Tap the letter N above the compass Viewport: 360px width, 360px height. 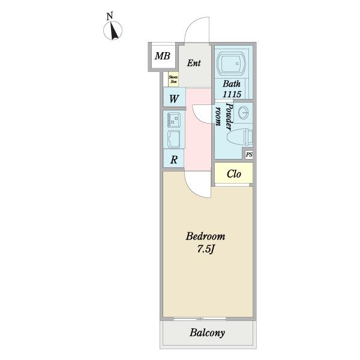pos(109,16)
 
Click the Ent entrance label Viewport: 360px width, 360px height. pos(193,63)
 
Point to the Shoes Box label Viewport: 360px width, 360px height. pos(173,79)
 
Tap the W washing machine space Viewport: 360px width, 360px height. pos(173,98)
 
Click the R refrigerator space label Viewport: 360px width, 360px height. pos(173,160)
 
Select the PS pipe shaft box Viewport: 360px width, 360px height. pos(248,155)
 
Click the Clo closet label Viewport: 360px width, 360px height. pos(233,174)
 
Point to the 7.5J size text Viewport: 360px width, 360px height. pos(205,248)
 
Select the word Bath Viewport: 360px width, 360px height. pos(232,84)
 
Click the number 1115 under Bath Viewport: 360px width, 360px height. pos(232,94)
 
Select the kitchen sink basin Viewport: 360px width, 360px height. pos(173,139)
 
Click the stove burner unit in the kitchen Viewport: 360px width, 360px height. pos(173,119)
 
